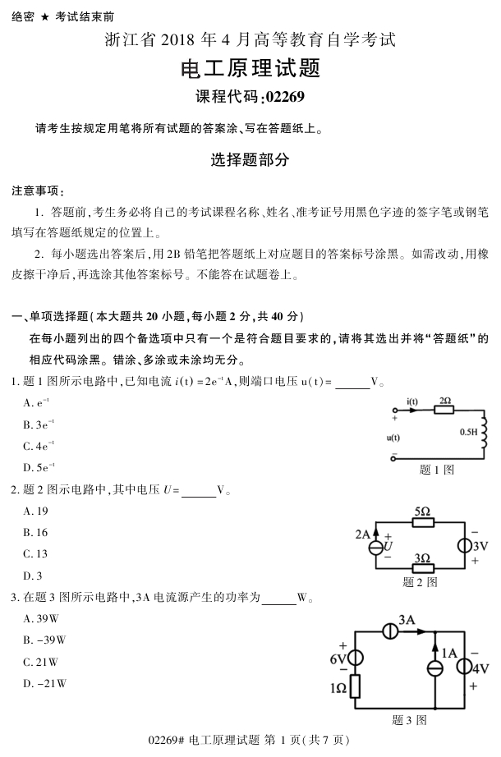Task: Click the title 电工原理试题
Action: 250,68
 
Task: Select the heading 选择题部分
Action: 250,161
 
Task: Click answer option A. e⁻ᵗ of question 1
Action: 38,402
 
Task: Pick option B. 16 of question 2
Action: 36,532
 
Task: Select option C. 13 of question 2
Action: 36,553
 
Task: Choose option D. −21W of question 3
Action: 44,682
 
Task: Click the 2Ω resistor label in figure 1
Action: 445,401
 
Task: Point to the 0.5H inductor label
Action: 469,430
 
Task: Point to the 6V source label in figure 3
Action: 338,659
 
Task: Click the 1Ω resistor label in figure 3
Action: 338,687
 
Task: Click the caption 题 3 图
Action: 409,720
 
